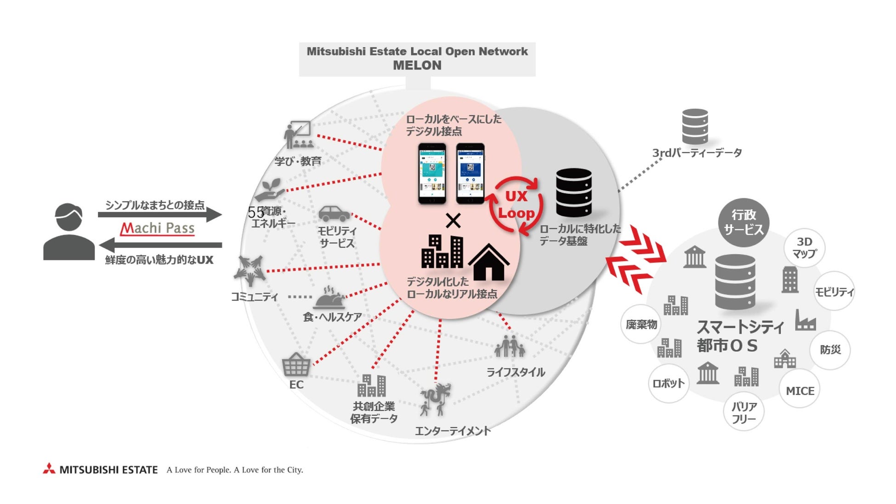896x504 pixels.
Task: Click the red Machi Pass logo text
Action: pyautogui.click(x=158, y=228)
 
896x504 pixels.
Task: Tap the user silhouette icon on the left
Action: pyautogui.click(x=69, y=232)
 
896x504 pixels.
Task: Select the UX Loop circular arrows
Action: pyautogui.click(x=516, y=205)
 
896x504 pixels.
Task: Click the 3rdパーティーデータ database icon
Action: pyautogui.click(x=695, y=126)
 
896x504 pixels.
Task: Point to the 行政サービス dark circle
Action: pyautogui.click(x=743, y=222)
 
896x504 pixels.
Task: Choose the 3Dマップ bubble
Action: pyautogui.click(x=804, y=248)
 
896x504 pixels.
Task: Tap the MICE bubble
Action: pyautogui.click(x=800, y=391)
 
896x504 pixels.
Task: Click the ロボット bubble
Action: pyautogui.click(x=669, y=383)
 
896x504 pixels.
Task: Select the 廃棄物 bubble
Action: pyautogui.click(x=641, y=324)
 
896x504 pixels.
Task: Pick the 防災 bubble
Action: pyautogui.click(x=830, y=350)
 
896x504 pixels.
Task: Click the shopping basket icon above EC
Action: pyautogui.click(x=296, y=365)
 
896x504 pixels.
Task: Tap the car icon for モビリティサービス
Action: pyautogui.click(x=334, y=214)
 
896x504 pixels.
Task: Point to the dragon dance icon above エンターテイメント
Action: pyautogui.click(x=435, y=399)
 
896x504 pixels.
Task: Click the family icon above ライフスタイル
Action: pyautogui.click(x=510, y=346)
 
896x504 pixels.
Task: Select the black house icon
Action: pyautogui.click(x=488, y=263)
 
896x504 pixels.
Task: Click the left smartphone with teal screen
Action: pyautogui.click(x=432, y=173)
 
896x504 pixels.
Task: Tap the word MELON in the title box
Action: pyautogui.click(x=417, y=66)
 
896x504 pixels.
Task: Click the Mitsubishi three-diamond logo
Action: pyautogui.click(x=49, y=469)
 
